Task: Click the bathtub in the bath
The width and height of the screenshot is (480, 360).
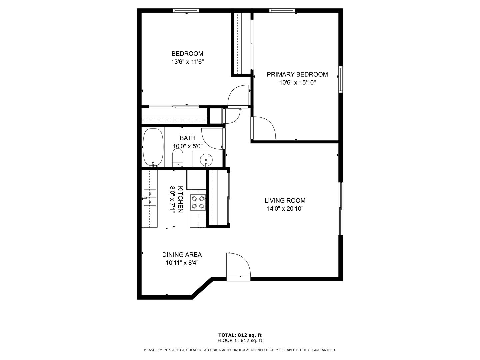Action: [x=153, y=147]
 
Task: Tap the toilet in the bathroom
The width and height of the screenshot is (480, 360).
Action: [x=178, y=157]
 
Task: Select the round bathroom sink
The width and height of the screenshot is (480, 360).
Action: [x=206, y=160]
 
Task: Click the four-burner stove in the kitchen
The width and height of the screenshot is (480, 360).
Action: [x=198, y=202]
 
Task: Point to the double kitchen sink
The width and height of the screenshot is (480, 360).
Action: [x=150, y=198]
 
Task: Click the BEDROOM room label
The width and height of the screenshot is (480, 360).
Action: [x=187, y=54]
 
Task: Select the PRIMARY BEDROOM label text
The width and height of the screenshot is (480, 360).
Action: [x=297, y=75]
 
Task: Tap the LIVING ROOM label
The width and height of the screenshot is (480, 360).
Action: [x=285, y=200]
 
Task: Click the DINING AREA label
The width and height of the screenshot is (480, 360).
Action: [x=182, y=255]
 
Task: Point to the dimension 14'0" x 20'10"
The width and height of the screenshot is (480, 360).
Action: [x=285, y=209]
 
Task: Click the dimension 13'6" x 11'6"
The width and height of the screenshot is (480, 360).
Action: [x=187, y=62]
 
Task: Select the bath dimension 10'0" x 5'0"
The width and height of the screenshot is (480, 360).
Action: [x=188, y=146]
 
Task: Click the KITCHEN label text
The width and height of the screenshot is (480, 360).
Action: [x=180, y=199]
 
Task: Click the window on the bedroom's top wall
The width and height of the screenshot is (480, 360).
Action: [x=186, y=10]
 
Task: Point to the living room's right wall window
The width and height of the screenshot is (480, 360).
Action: [x=340, y=209]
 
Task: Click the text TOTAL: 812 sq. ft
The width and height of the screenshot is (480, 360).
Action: [x=240, y=335]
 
